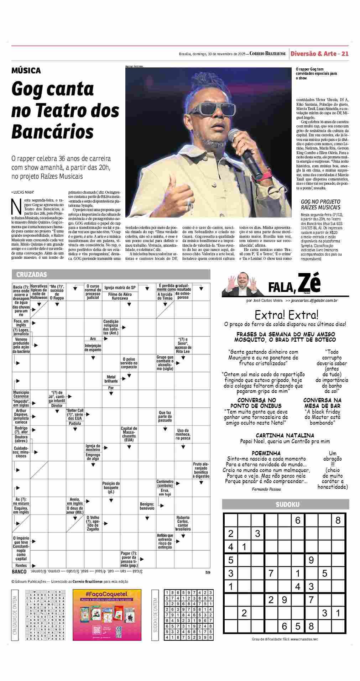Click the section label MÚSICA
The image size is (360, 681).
coord(26,70)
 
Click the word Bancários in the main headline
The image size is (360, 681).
coord(52,132)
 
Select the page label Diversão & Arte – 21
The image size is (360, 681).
coord(319,54)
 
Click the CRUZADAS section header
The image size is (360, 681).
coord(31,274)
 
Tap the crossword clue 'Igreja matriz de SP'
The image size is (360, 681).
coord(120,287)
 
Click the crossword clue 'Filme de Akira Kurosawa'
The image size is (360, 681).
coord(120,296)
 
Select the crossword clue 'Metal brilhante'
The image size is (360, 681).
coord(111,379)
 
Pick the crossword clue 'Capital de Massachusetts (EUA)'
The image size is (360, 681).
coord(129,434)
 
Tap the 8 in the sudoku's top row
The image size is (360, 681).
coord(338,520)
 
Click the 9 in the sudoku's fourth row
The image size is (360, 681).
coord(311,560)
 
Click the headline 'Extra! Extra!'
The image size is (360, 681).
coord(286,315)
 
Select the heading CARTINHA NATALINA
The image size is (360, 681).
coord(285,435)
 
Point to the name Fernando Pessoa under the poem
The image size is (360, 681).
coord(266,489)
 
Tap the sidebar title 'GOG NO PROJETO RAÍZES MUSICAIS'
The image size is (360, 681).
coord(320,204)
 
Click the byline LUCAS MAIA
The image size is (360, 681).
coord(23,192)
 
